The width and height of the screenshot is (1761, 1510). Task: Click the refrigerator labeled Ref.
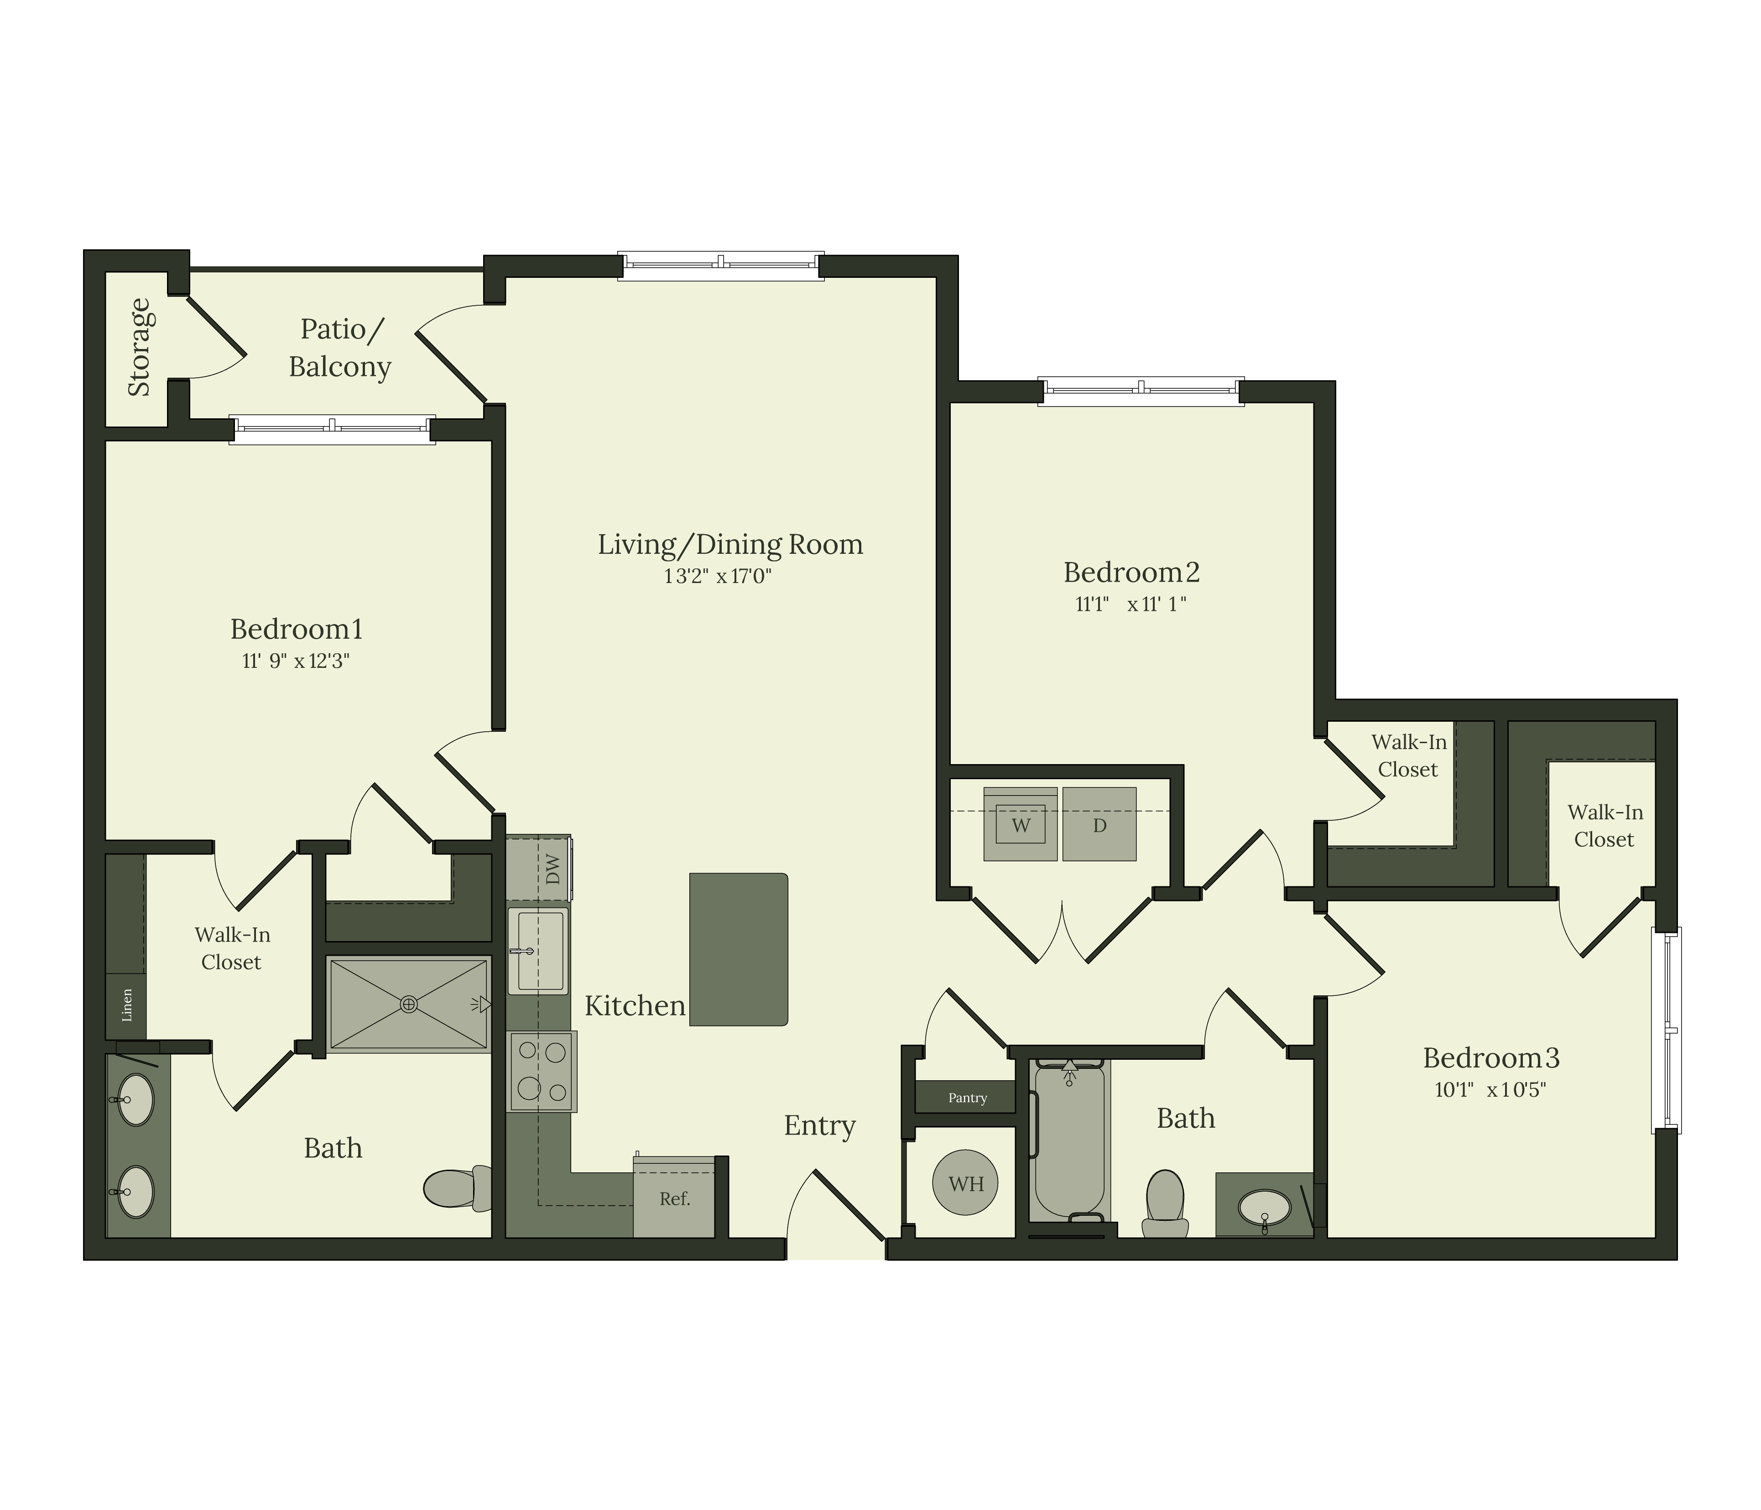pos(674,1198)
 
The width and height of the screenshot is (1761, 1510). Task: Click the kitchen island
pos(738,949)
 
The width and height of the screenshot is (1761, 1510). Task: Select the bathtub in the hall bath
pos(1069,1143)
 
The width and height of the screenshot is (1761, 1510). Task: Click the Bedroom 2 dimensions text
pos(1131,604)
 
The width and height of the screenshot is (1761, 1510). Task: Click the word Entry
pos(819,1125)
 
